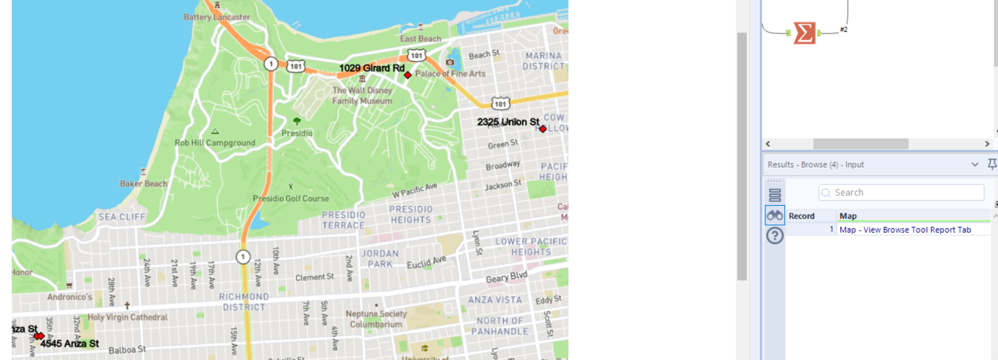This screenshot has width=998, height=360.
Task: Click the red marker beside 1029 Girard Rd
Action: [408, 75]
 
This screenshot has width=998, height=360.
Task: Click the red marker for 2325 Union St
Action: [543, 129]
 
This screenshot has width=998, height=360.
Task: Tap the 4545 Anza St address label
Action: [70, 344]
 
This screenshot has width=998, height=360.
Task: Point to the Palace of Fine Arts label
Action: [450, 74]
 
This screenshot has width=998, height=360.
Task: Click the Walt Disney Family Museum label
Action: [362, 96]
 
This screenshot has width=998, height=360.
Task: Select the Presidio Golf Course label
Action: [291, 198]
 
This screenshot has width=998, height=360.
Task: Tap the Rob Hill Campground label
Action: [215, 143]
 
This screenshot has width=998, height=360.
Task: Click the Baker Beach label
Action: [143, 184]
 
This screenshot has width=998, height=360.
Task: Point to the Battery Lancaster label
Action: [217, 17]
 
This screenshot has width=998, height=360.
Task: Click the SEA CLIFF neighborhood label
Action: [122, 217]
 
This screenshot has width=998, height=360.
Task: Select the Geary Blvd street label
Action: [506, 278]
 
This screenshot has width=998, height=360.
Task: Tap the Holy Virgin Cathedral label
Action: [128, 317]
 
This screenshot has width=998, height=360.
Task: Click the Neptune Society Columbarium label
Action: [376, 319]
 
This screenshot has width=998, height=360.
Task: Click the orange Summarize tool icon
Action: [804, 33]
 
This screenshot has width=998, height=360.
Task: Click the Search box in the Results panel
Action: [901, 192]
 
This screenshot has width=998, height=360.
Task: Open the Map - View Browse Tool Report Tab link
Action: [905, 230]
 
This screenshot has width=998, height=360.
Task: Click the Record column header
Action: [801, 216]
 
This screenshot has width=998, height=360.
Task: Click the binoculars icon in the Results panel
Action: [775, 216]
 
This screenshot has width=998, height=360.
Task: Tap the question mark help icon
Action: [775, 236]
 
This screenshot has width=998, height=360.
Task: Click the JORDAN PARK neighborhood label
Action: [380, 259]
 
